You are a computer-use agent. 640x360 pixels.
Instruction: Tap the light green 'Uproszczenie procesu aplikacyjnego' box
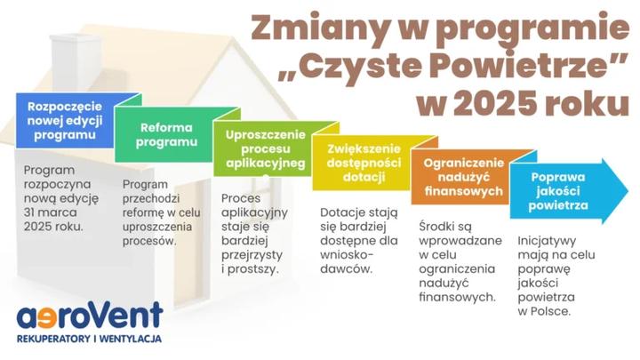[x=264, y=149]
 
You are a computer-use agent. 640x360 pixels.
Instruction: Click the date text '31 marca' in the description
[x=51, y=211]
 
